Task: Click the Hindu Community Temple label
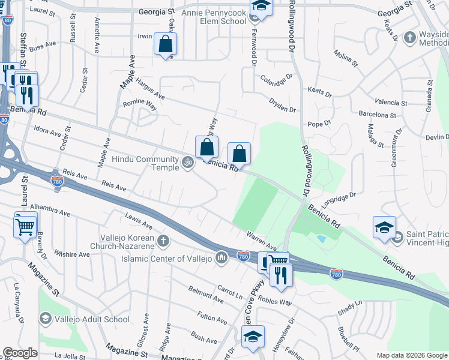(146, 163)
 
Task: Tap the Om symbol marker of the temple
(187, 162)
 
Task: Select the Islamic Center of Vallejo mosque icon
(221, 258)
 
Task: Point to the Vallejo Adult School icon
(45, 319)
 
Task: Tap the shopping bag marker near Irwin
(165, 44)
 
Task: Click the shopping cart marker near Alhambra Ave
(25, 227)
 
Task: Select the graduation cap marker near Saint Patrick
(384, 228)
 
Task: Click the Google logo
(20, 353)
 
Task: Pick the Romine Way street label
(140, 106)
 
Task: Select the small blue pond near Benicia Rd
(322, 238)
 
